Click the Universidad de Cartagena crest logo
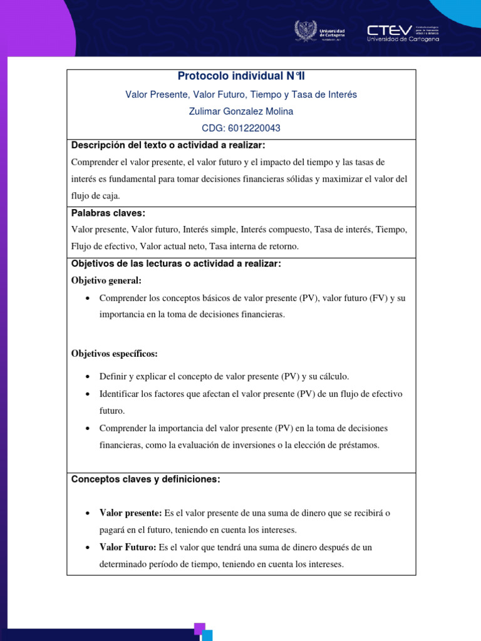click(306, 31)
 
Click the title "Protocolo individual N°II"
click(241, 76)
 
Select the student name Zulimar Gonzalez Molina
click(241, 111)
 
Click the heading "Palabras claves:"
click(108, 213)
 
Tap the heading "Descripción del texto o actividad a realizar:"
click(168, 146)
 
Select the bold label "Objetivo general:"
click(106, 280)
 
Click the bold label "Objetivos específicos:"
click(115, 354)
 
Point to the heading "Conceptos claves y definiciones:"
click(146, 479)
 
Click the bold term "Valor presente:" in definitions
click(131, 513)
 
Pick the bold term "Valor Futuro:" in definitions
click(128, 547)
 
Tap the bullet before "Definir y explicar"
click(87, 377)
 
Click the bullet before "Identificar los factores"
click(87, 394)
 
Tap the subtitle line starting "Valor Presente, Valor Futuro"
click(241, 95)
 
